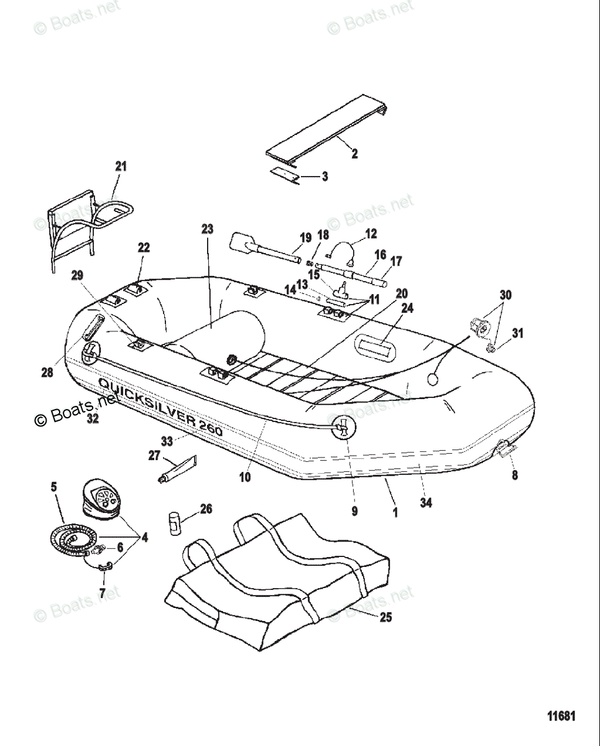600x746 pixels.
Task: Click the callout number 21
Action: click(121, 166)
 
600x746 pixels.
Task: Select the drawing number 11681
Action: click(561, 716)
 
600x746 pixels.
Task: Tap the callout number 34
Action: click(425, 503)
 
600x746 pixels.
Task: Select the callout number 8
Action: click(515, 476)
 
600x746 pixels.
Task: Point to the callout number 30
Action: click(505, 295)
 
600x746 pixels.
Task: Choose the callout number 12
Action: click(371, 234)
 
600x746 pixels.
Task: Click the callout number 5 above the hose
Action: click(53, 486)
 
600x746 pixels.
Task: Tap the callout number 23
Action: click(207, 229)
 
